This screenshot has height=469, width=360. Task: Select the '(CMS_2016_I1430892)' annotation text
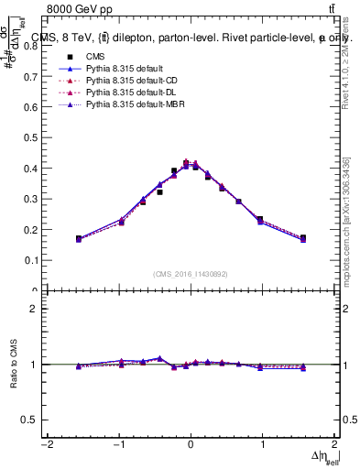click(x=190, y=274)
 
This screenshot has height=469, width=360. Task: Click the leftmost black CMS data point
click(x=79, y=238)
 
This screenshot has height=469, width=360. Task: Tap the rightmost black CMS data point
click(x=303, y=238)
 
